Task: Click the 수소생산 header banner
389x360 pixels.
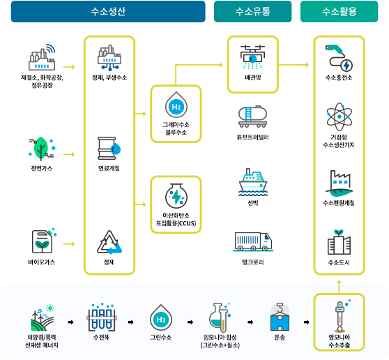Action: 108,11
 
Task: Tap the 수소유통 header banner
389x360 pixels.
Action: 253,11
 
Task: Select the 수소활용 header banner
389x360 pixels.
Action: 339,11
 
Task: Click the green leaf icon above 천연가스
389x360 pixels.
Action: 42,149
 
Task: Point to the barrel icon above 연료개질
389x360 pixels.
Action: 109,148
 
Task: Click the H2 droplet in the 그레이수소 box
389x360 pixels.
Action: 176,105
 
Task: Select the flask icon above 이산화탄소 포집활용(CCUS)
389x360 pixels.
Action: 176,195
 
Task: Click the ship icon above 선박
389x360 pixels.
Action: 253,182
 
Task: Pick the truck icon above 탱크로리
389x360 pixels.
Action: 253,241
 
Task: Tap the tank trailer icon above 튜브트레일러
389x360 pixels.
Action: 253,117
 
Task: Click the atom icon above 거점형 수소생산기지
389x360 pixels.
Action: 339,117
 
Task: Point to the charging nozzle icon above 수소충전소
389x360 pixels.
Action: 339,58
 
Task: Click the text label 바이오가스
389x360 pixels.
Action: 42,262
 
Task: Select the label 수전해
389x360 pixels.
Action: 101,337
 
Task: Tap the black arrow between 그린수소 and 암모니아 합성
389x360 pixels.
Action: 190,322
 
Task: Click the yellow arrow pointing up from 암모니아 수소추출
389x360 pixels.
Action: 339,287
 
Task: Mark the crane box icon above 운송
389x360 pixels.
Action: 280,317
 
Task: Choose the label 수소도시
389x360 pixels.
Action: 339,262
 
